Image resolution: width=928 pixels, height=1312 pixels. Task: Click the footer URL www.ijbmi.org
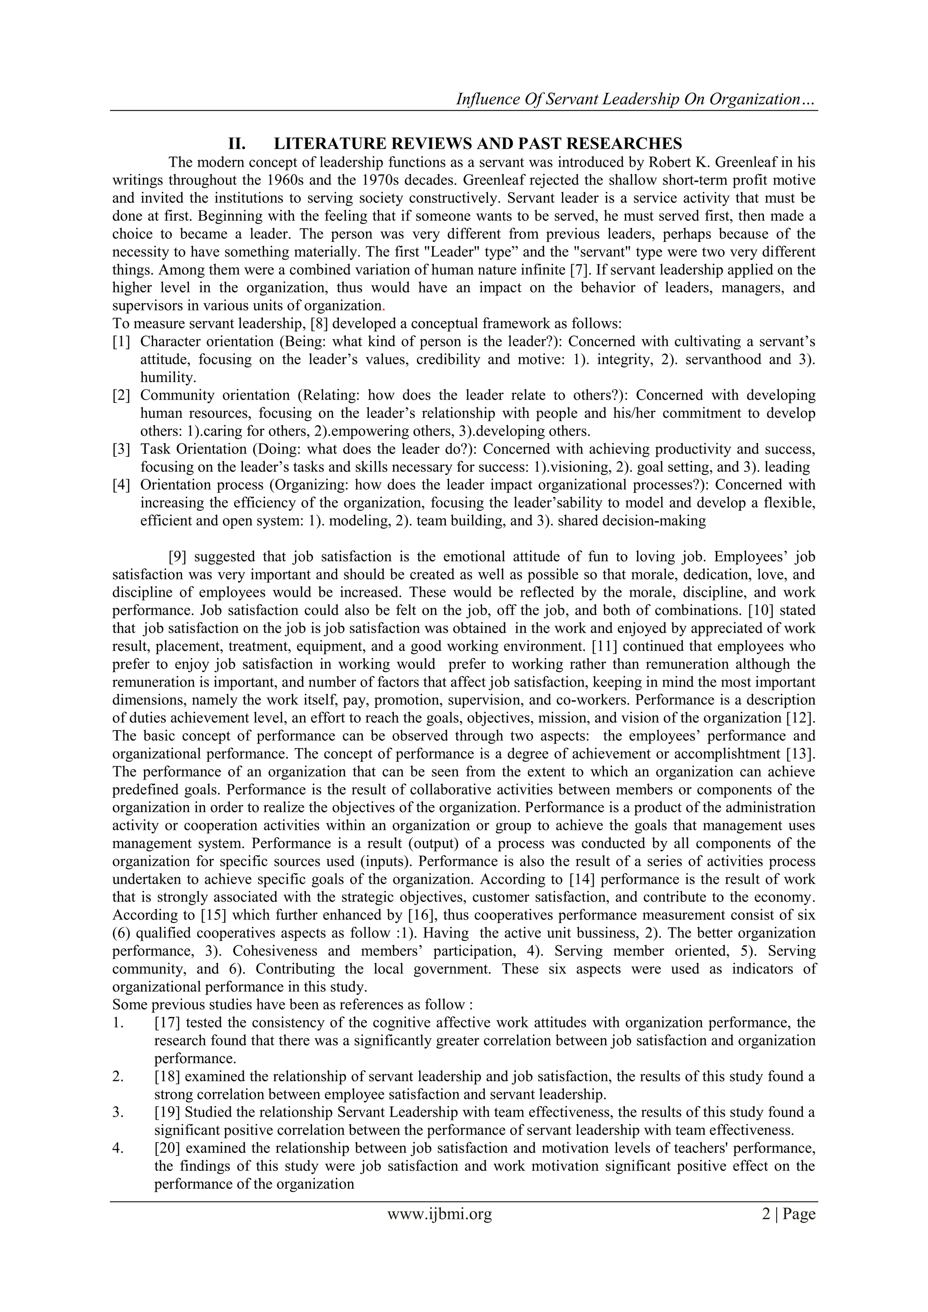[x=440, y=1213]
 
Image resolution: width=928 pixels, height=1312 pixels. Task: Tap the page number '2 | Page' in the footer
[x=788, y=1213]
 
